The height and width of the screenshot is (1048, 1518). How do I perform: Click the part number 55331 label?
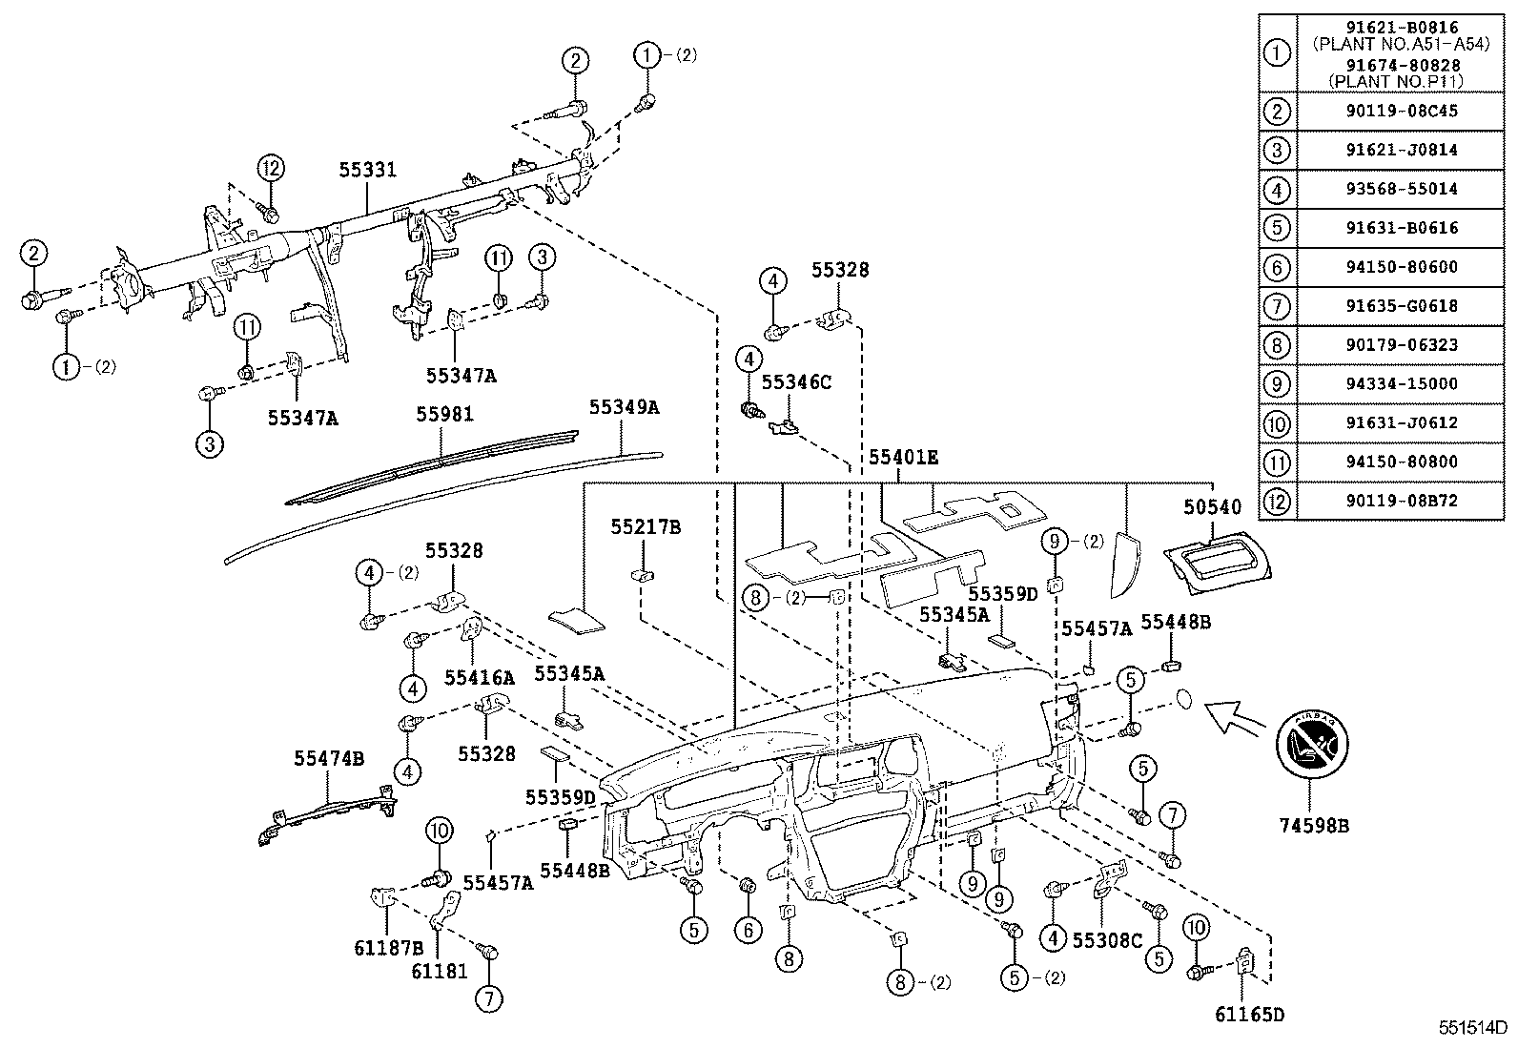tap(367, 170)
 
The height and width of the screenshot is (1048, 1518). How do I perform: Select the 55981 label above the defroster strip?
tap(444, 414)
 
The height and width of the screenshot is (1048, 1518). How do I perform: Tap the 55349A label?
tap(625, 407)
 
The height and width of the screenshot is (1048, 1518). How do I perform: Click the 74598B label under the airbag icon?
tap(1314, 827)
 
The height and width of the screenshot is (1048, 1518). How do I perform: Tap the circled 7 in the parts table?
tap(1276, 306)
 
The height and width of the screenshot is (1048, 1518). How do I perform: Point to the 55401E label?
tap(903, 458)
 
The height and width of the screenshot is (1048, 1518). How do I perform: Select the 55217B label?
tap(646, 527)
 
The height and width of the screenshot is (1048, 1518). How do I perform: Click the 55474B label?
tap(329, 758)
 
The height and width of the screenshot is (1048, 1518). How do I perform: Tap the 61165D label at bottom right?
tap(1242, 1014)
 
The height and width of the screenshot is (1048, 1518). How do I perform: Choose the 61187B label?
tap(387, 948)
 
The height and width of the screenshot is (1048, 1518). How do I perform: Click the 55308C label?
tap(1107, 938)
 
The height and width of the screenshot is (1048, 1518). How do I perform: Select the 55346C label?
tap(797, 381)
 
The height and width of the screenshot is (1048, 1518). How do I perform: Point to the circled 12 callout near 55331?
tap(271, 169)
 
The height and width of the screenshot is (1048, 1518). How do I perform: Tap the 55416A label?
tap(479, 678)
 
